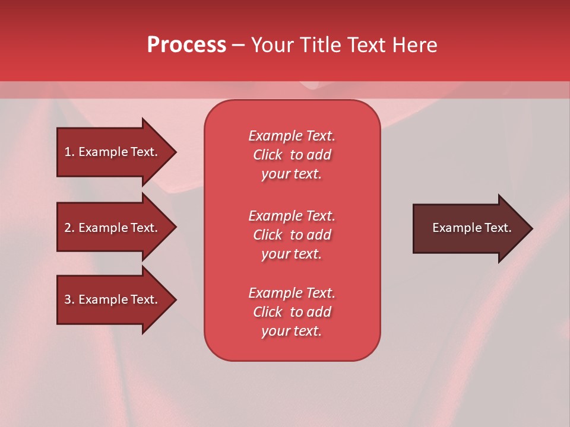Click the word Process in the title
pyautogui.click(x=186, y=45)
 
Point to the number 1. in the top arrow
pyautogui.click(x=69, y=152)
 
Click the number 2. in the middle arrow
pyautogui.click(x=69, y=228)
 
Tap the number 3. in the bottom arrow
pyautogui.click(x=69, y=299)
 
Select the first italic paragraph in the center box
pyautogui.click(x=292, y=155)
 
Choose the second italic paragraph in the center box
pyautogui.click(x=292, y=235)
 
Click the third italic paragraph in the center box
pyautogui.click(x=292, y=312)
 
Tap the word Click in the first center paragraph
pyautogui.click(x=268, y=155)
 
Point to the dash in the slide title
pyautogui.click(x=238, y=45)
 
